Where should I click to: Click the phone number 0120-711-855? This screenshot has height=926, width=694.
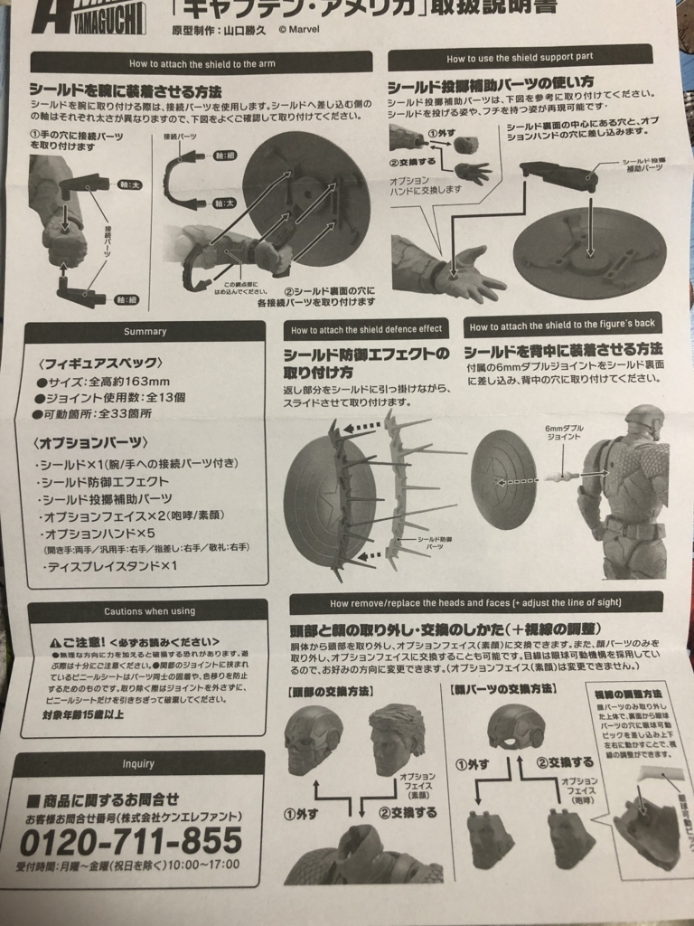tap(131, 840)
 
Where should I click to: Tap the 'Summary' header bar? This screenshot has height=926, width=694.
tap(145, 331)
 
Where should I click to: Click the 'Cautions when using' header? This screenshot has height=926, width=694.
tap(149, 611)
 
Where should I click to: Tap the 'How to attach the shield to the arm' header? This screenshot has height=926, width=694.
tap(201, 63)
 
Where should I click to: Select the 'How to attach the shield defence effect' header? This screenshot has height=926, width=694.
tap(366, 329)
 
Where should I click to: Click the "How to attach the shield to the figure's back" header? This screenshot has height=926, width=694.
tap(564, 326)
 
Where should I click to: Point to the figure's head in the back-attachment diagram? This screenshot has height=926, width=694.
tap(644, 420)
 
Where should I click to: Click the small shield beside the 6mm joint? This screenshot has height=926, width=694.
tap(502, 475)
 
